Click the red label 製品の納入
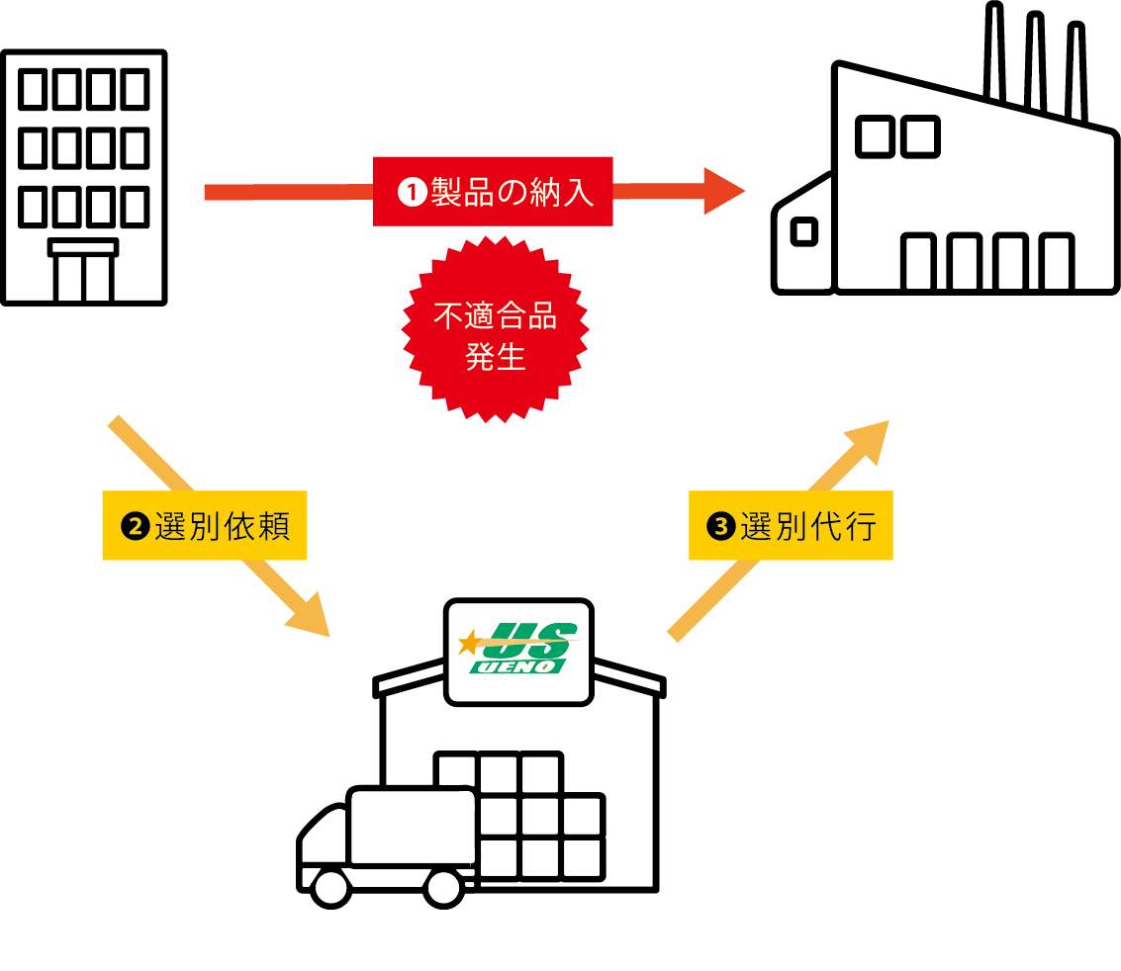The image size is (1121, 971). pos(493,191)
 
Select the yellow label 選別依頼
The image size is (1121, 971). pos(205,526)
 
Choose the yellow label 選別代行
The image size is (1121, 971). pos(791,526)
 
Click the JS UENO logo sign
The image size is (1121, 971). pos(518,651)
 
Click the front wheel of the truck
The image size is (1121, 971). pos(330,887)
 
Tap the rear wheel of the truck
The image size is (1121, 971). pos(443,887)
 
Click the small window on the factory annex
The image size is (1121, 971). pos(804,232)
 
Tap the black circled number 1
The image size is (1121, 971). pos(411,192)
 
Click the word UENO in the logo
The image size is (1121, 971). pos(519,667)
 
